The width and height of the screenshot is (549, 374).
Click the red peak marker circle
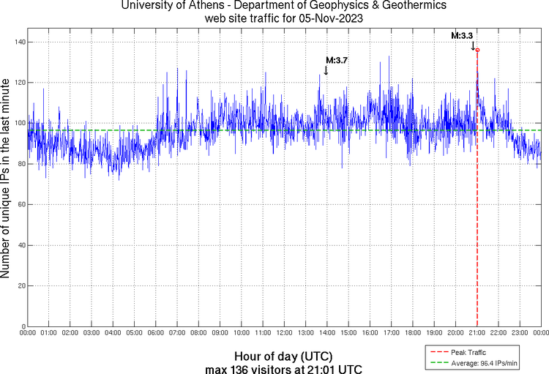point(477,50)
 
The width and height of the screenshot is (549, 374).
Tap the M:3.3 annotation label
point(462,34)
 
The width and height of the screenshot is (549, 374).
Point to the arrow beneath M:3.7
point(326,70)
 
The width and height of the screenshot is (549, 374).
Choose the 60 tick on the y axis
point(20,204)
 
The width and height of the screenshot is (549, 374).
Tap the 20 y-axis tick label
point(20,285)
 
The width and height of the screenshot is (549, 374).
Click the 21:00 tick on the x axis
point(477,332)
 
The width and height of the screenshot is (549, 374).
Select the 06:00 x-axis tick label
point(156,332)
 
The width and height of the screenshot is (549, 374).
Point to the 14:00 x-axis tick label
point(327,332)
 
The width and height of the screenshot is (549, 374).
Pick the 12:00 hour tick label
point(284,332)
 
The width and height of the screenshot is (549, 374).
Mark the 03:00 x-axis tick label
point(91,332)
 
